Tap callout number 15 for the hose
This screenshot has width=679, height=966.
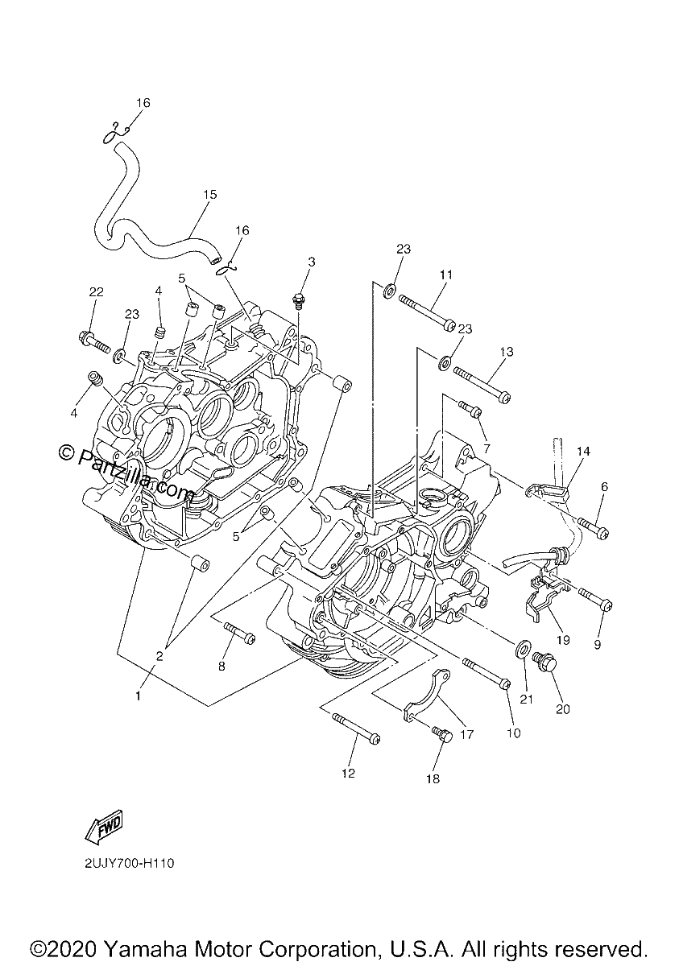pos(210,195)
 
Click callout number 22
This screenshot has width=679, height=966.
pos(96,292)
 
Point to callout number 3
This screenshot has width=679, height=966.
pos(312,262)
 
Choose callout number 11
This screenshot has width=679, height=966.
pos(446,275)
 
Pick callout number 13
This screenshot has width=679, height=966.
pos(507,352)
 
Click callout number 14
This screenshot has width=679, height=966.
pos(584,452)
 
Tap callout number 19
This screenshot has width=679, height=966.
pos(563,640)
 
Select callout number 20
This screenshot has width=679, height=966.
pos(563,709)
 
